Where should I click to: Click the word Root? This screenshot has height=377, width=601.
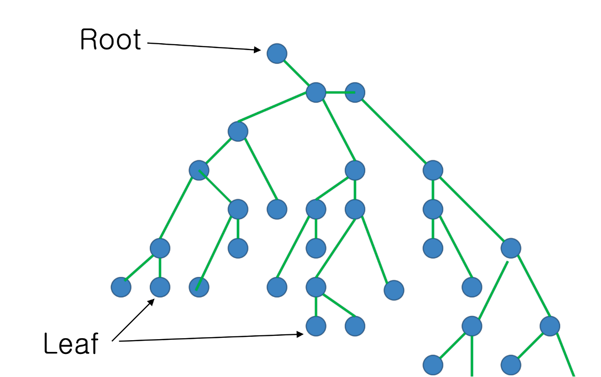pyautogui.click(x=110, y=40)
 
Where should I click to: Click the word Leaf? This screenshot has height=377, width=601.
pyautogui.click(x=71, y=344)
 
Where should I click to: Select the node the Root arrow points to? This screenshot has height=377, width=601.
pyautogui.click(x=277, y=53)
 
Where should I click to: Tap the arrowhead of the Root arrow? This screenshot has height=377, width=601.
pyautogui.click(x=257, y=49)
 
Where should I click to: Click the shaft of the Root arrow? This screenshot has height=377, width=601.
pyautogui.click(x=201, y=46)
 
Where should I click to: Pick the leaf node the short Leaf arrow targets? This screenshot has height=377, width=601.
pyautogui.click(x=160, y=287)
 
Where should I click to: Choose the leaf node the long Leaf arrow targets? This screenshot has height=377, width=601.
pyautogui.click(x=316, y=326)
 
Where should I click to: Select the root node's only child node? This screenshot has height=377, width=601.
pyautogui.click(x=316, y=92)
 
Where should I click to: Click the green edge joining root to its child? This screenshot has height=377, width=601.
pyautogui.click(x=297, y=73)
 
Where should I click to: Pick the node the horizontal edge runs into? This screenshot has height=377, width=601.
pyautogui.click(x=355, y=92)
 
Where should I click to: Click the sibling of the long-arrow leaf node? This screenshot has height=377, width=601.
pyautogui.click(x=355, y=326)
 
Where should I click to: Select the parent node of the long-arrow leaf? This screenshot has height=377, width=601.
pyautogui.click(x=316, y=287)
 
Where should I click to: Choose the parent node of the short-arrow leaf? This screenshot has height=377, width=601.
pyautogui.click(x=160, y=248)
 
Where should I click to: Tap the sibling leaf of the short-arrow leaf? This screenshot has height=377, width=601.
pyautogui.click(x=121, y=287)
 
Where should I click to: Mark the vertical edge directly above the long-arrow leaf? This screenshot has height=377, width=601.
pyautogui.click(x=316, y=307)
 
